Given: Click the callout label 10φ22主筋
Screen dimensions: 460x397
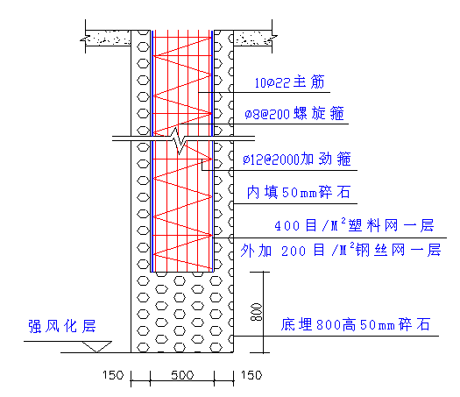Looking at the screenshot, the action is (289, 82).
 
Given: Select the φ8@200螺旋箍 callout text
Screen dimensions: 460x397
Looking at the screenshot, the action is (294, 114).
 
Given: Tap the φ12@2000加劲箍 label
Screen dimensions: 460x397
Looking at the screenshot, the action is (297, 160).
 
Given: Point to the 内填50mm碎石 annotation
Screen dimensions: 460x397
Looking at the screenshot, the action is (299, 193).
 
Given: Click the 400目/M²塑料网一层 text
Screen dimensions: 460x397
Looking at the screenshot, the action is (354, 225).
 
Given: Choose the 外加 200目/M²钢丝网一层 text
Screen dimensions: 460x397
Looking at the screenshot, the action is (341, 251).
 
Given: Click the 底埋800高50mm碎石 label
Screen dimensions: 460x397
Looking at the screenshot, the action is (356, 324).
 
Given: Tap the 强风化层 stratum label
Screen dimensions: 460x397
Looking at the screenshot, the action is (62, 326).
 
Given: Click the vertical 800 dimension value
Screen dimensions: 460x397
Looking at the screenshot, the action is (256, 312).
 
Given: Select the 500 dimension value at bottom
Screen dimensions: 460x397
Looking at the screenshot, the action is (182, 375).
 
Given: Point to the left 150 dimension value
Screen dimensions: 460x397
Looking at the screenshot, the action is (113, 375).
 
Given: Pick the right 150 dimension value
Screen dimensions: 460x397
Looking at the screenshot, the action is (251, 375).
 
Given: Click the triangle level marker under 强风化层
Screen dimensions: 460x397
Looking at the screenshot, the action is (96, 346).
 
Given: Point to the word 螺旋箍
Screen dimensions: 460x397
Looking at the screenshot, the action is (319, 114).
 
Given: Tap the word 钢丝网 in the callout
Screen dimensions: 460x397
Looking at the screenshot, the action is (380, 251).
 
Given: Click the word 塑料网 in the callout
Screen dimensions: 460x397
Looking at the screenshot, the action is (373, 225).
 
